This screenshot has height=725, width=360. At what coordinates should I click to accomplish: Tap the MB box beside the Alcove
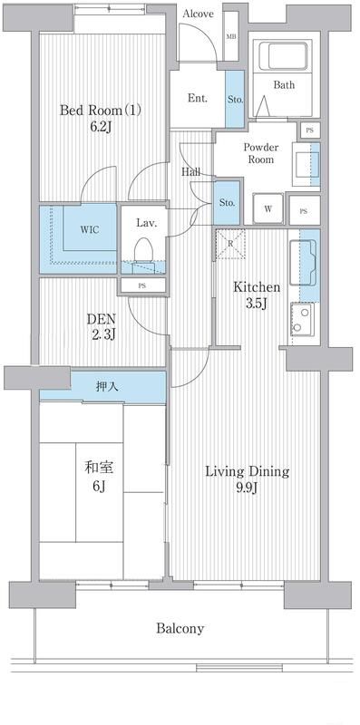pyautogui.click(x=231, y=37)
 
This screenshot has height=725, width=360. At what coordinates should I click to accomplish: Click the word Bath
pyautogui.click(x=285, y=86)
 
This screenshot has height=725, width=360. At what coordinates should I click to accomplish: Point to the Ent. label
pyautogui.click(x=198, y=99)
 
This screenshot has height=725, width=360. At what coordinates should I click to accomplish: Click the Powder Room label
pyautogui.click(x=260, y=152)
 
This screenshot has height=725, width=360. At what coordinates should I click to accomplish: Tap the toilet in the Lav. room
pyautogui.click(x=143, y=250)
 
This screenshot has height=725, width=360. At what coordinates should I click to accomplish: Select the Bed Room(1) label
pyautogui.click(x=101, y=111)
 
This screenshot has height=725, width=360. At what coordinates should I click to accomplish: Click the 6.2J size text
pyautogui.click(x=102, y=129)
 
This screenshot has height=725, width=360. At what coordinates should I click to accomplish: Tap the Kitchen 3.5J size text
pyautogui.click(x=257, y=304)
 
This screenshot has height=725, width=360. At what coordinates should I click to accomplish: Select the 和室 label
pyautogui.click(x=97, y=468)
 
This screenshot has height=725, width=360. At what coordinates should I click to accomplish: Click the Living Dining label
pyautogui.click(x=247, y=471)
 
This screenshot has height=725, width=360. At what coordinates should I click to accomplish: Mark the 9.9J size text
pyautogui.click(x=246, y=490)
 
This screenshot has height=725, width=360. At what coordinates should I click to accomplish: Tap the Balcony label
pyautogui.click(x=180, y=628)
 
